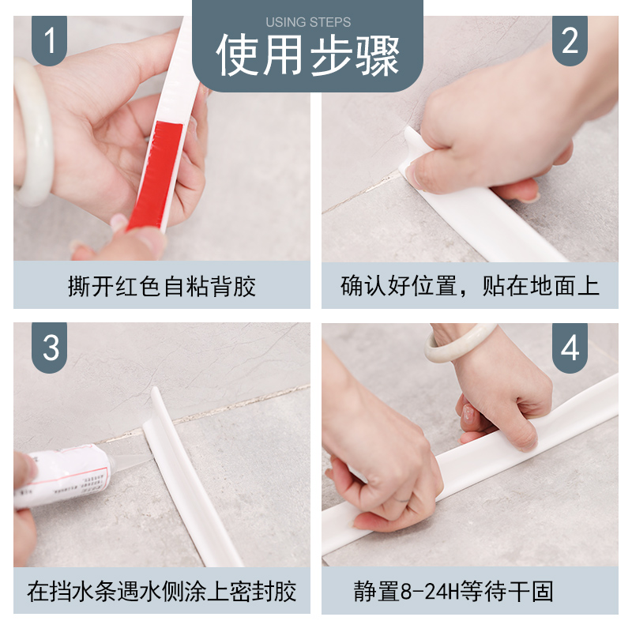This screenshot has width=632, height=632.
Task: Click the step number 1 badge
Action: (x=49, y=40)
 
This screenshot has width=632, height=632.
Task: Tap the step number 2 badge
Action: (x=570, y=40)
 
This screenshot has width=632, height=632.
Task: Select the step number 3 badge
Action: (x=49, y=348)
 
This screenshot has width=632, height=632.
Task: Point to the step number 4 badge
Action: (x=570, y=348)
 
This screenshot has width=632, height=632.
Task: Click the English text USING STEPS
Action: (x=308, y=22)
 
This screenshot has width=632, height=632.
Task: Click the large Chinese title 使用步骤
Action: (x=308, y=55)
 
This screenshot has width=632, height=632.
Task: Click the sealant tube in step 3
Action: (x=65, y=476)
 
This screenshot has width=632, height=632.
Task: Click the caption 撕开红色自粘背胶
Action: (x=162, y=287)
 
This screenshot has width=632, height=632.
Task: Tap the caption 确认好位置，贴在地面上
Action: (x=469, y=286)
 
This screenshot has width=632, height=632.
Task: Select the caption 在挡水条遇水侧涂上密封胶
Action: (x=162, y=592)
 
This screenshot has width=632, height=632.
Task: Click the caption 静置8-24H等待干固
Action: (x=453, y=591)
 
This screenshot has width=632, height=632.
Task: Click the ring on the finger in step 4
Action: (x=403, y=500)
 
